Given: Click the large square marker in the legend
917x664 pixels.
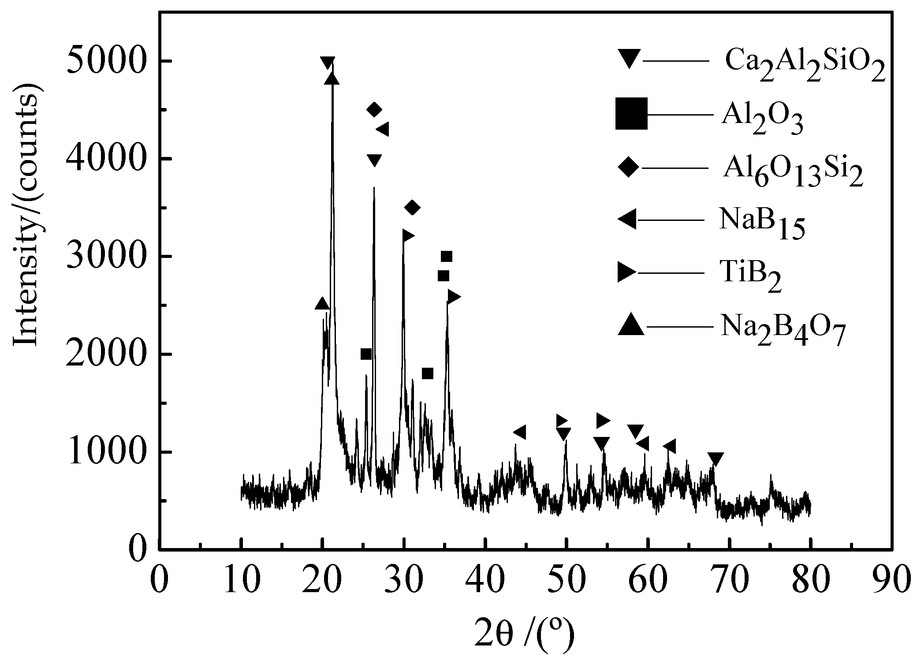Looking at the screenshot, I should [631, 114].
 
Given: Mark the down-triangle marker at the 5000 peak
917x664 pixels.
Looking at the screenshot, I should [327, 63].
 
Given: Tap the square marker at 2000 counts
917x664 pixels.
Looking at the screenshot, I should [366, 354].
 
